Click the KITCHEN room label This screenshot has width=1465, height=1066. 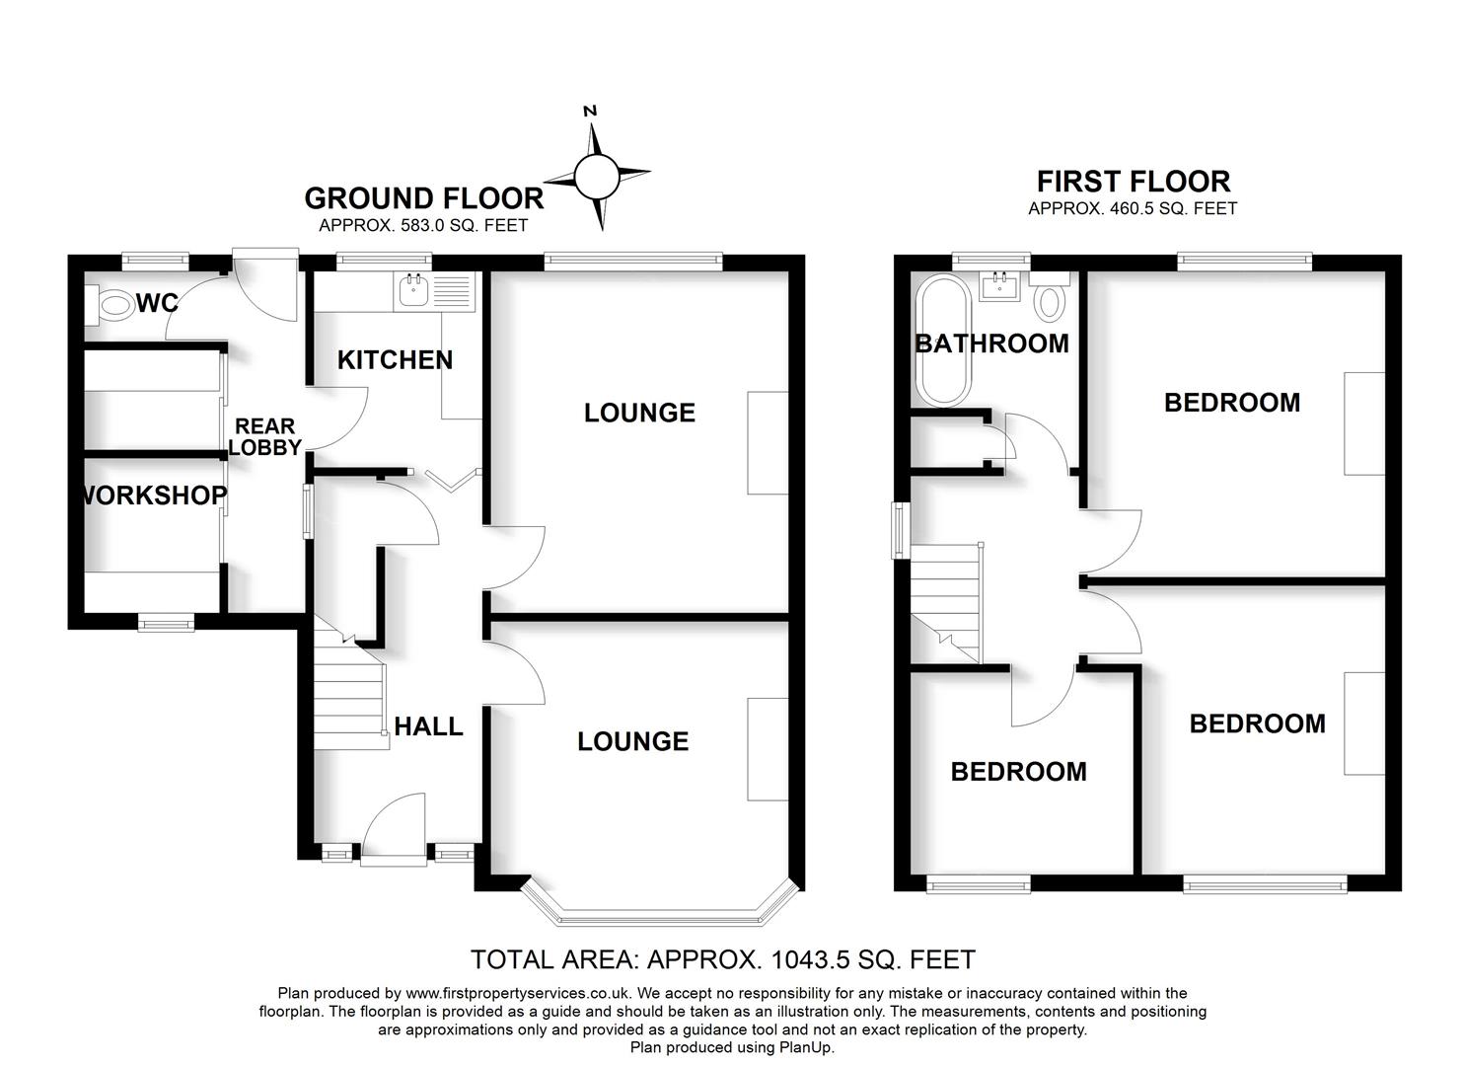[395, 360]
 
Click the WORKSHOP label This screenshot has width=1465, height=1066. [152, 495]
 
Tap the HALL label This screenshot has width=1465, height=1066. [428, 726]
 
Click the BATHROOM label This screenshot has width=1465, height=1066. [991, 343]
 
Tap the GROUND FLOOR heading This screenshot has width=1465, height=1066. [423, 198]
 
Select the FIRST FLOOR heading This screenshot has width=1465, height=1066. [1134, 182]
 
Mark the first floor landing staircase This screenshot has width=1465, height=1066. [945, 602]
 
